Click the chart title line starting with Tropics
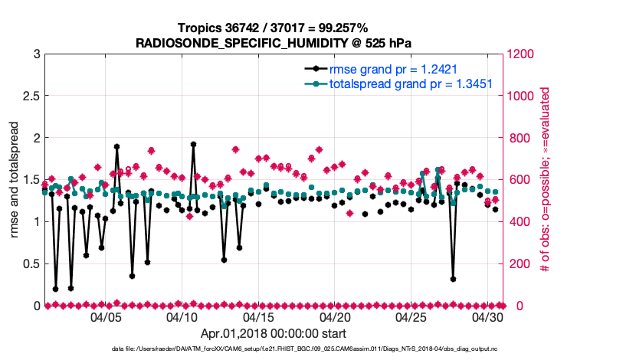273,28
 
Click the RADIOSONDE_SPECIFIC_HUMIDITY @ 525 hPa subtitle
273,43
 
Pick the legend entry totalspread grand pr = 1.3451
410,84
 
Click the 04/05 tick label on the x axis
106,316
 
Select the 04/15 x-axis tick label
259,316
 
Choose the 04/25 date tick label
411,316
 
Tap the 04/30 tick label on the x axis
487,316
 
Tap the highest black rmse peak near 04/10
193,144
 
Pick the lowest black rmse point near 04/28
454,280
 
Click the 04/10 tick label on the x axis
182,316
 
